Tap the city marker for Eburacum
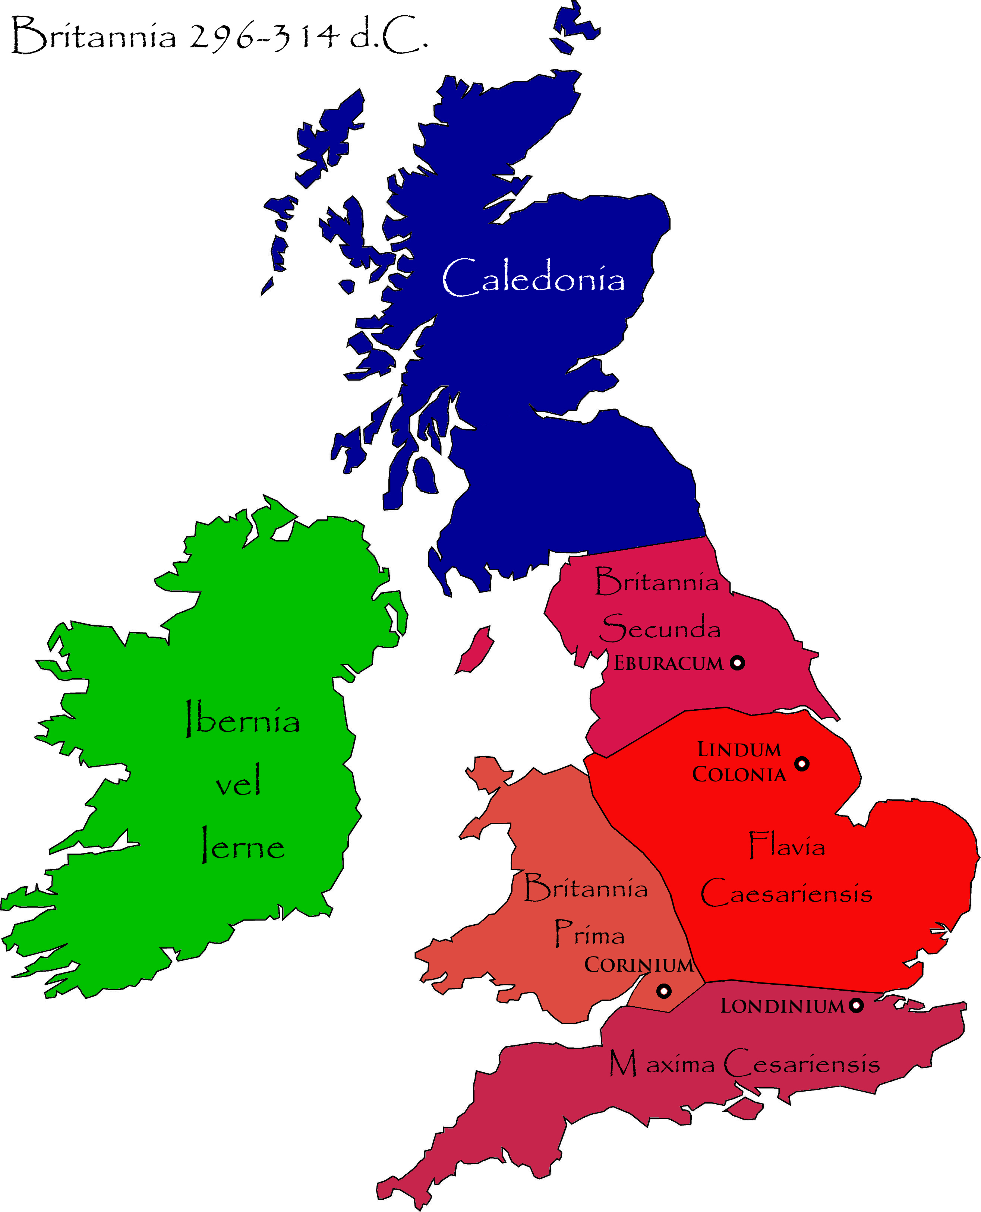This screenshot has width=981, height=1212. pos(737,663)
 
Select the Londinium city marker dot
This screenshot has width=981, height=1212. pos(857,1005)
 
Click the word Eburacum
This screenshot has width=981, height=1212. pos(669,663)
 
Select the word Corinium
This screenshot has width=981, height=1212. pos(638,965)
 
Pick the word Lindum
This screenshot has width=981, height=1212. pos(739,750)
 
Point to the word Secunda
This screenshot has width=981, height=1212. pos(660,628)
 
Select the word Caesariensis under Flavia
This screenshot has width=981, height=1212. pos(786,893)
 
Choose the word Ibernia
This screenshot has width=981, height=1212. pos(243,719)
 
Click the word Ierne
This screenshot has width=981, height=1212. pos(243,846)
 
